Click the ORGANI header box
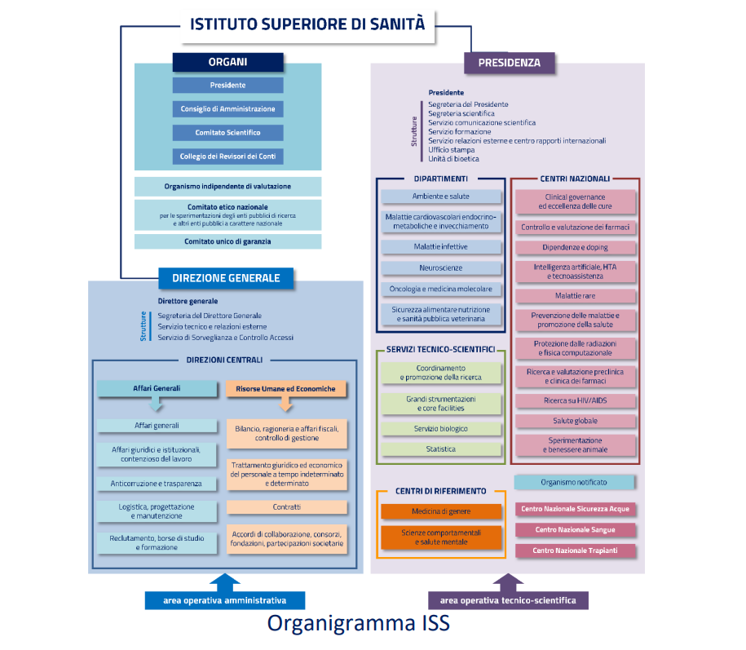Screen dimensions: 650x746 pyautogui.click(x=227, y=62)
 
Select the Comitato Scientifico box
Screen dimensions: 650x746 pyautogui.click(x=227, y=132)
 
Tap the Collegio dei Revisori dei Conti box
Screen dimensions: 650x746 pyautogui.click(x=227, y=156)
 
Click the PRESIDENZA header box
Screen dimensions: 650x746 pyautogui.click(x=508, y=62)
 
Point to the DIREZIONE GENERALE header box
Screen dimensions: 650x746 pyautogui.click(x=226, y=278)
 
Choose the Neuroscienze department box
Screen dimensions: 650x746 pyautogui.click(x=441, y=268)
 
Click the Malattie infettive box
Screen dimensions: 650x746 pyautogui.click(x=441, y=246)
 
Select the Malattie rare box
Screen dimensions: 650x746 pyautogui.click(x=575, y=296)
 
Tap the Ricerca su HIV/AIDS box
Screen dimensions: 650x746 pyautogui.click(x=575, y=400)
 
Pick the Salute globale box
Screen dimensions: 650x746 pyautogui.click(x=575, y=421)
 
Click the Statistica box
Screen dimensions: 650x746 pyautogui.click(x=441, y=449)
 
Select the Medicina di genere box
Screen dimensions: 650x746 pyautogui.click(x=441, y=511)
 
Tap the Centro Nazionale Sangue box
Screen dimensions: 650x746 pyautogui.click(x=575, y=530)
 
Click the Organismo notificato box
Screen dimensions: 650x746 pyautogui.click(x=573, y=482)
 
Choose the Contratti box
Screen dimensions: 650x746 pyautogui.click(x=286, y=507)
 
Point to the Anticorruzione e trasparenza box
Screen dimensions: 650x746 pyautogui.click(x=157, y=484)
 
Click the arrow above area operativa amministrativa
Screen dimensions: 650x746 pyautogui.click(x=226, y=582)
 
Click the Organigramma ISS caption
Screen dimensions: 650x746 pyautogui.click(x=359, y=624)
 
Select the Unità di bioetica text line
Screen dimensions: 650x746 pyautogui.click(x=453, y=159)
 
